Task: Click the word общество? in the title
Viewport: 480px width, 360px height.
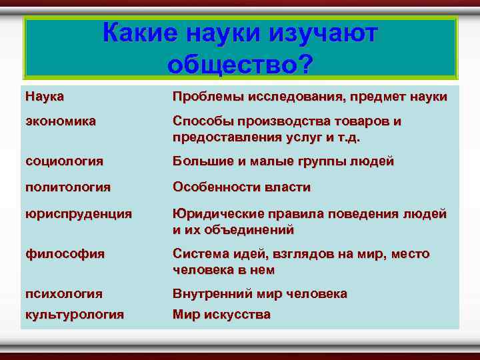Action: (x=240, y=64)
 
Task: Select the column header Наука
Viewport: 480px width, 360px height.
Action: (x=45, y=97)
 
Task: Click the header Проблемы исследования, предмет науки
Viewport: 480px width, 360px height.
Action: (x=309, y=97)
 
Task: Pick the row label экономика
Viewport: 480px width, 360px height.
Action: (x=61, y=121)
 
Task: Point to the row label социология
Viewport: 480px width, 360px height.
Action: (x=64, y=161)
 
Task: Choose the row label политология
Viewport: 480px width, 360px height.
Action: (x=68, y=187)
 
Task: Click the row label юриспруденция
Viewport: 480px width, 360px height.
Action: (x=79, y=214)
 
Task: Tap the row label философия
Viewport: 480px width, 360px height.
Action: (x=65, y=254)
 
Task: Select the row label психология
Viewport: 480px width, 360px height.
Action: (x=64, y=293)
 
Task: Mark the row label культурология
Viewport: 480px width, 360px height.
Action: (x=75, y=315)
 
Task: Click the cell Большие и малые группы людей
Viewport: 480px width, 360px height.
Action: (x=283, y=161)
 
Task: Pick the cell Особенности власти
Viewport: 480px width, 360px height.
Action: (x=241, y=187)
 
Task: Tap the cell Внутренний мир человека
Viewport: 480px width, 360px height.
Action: (x=259, y=293)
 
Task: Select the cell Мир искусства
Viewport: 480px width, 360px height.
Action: (x=221, y=315)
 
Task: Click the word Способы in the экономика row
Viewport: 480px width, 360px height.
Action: (x=198, y=121)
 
